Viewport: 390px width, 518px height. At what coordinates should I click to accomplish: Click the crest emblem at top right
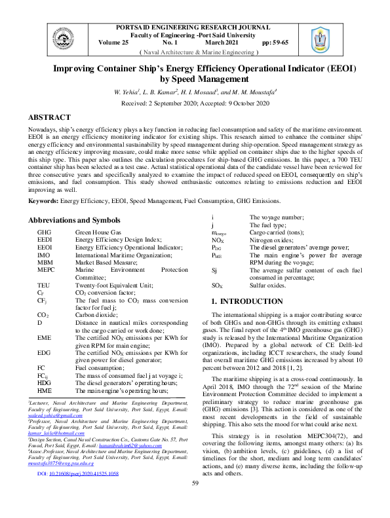pyautogui.click(x=320, y=40)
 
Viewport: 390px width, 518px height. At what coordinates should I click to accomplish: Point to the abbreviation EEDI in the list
pyautogui.click(x=45, y=240)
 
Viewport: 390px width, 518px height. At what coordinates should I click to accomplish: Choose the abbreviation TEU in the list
pyautogui.click(x=43, y=286)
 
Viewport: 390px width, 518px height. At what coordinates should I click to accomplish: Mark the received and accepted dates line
pyautogui.click(x=195, y=103)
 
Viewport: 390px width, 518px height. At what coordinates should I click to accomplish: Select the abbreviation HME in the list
pyautogui.click(x=45, y=390)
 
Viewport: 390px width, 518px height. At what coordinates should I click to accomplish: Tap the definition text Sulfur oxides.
pyautogui.click(x=268, y=286)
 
